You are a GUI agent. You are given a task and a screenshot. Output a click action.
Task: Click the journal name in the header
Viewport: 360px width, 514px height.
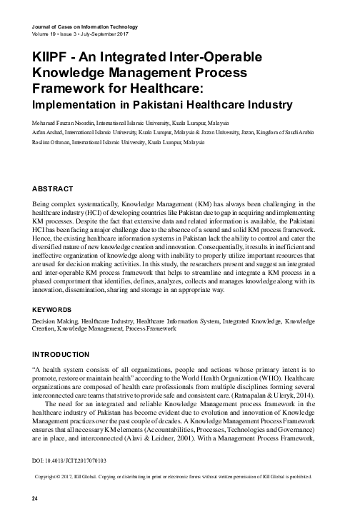point(85,27)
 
